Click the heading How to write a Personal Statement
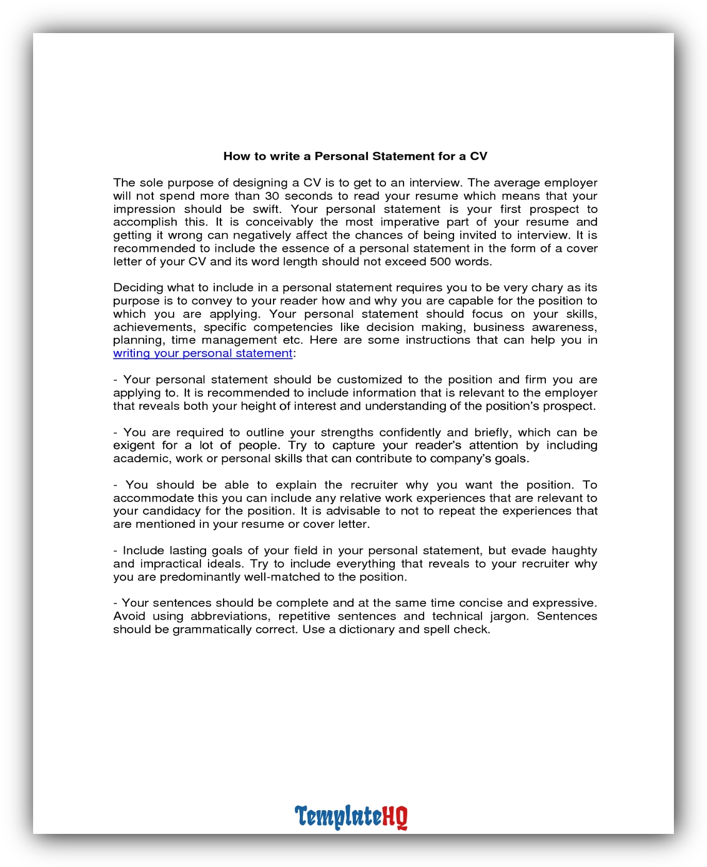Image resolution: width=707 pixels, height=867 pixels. click(355, 156)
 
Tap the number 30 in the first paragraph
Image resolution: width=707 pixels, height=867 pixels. click(272, 196)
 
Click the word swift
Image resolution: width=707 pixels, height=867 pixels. click(267, 209)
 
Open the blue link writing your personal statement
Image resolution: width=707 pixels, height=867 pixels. click(203, 354)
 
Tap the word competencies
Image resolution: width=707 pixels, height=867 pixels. click(294, 327)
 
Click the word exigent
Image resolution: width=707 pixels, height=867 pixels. click(134, 445)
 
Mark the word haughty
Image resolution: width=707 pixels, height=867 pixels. click(573, 550)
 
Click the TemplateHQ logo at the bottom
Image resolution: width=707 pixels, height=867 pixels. click(351, 817)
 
